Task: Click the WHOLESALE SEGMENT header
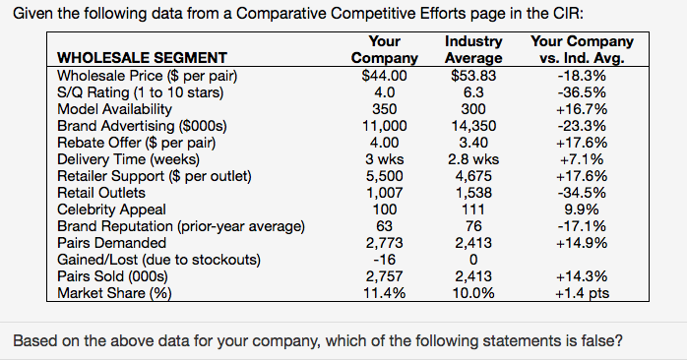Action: [142, 57]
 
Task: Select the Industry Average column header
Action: [473, 49]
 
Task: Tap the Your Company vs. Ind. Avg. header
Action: [582, 49]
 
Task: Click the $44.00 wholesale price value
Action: [384, 75]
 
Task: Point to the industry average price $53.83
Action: [473, 75]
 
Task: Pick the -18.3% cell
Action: [582, 75]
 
